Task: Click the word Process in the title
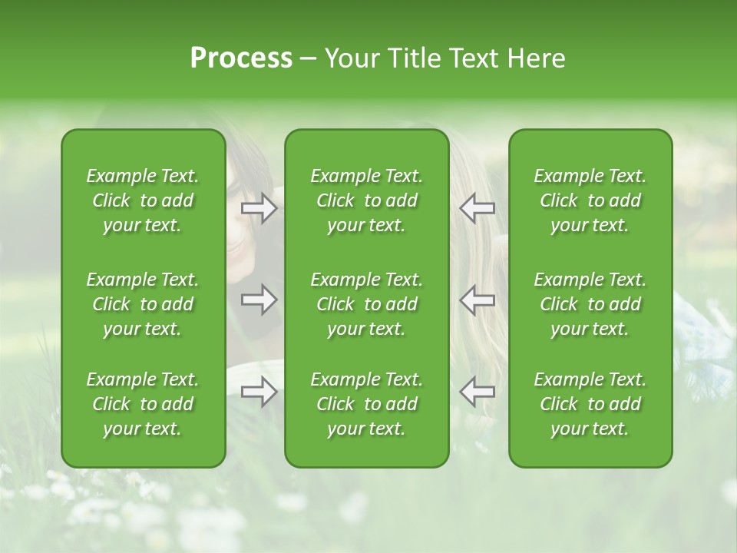click(x=241, y=58)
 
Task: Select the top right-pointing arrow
click(x=259, y=208)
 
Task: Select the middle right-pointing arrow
click(x=259, y=300)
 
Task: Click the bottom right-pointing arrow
click(x=259, y=392)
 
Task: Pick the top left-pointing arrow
click(x=477, y=208)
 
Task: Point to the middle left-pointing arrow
click(x=477, y=300)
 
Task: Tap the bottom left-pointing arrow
click(x=477, y=392)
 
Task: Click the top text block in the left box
click(x=143, y=200)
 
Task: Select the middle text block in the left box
click(x=143, y=304)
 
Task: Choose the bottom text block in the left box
click(x=143, y=404)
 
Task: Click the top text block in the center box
click(x=366, y=200)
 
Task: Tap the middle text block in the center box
click(x=366, y=304)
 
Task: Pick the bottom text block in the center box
click(x=366, y=404)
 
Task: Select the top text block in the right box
click(x=590, y=200)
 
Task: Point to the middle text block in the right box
click(x=590, y=304)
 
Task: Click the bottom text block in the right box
click(x=590, y=404)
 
